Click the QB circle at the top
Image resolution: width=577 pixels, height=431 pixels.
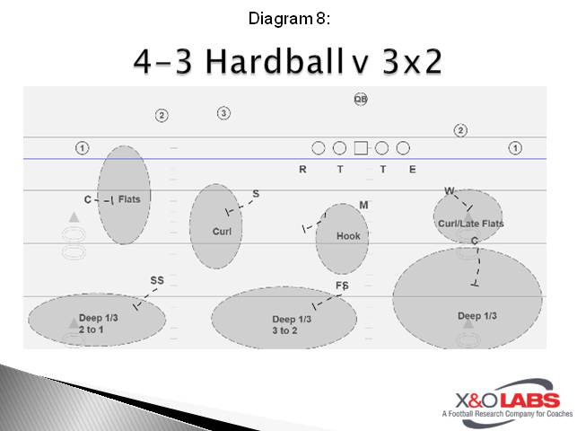pos(361,100)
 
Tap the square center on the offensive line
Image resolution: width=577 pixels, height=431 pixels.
pos(361,148)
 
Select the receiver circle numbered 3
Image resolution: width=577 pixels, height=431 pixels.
pos(223,113)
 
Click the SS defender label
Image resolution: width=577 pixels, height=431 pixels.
pos(157,280)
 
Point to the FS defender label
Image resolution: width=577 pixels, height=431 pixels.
pos(342,286)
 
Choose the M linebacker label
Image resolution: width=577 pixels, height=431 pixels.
pos(363,205)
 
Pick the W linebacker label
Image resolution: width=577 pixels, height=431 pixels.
pos(450,190)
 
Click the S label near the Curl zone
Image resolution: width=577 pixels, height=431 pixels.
pos(256,193)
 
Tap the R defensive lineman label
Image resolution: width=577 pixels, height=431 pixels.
pos(302,169)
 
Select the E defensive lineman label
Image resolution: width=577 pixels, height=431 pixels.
pos(412,169)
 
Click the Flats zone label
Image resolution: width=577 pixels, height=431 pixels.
pos(129,199)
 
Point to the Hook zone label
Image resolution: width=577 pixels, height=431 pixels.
pos(347,236)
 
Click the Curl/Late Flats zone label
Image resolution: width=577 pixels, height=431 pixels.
pos(470,224)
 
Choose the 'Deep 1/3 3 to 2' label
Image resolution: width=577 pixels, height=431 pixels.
pos(292,325)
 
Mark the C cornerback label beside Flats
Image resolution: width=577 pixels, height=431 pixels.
pos(88,199)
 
